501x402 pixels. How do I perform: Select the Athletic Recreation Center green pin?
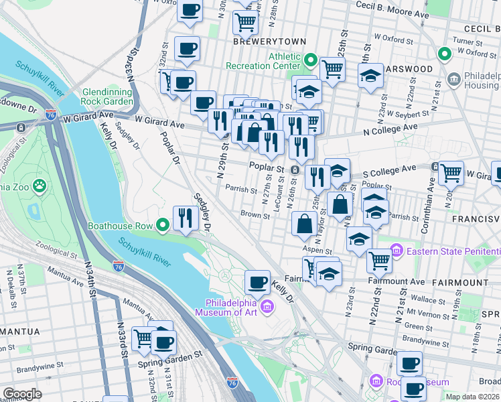310,61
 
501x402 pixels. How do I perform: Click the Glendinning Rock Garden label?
107,97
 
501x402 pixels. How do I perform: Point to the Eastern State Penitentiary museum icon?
396,251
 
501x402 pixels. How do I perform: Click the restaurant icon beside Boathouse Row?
183,216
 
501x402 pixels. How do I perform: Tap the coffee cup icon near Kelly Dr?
257,282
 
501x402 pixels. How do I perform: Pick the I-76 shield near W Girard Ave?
51,115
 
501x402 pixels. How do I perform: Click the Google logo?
22,394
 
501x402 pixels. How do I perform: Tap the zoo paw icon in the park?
40,184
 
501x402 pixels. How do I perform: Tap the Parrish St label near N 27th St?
241,190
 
